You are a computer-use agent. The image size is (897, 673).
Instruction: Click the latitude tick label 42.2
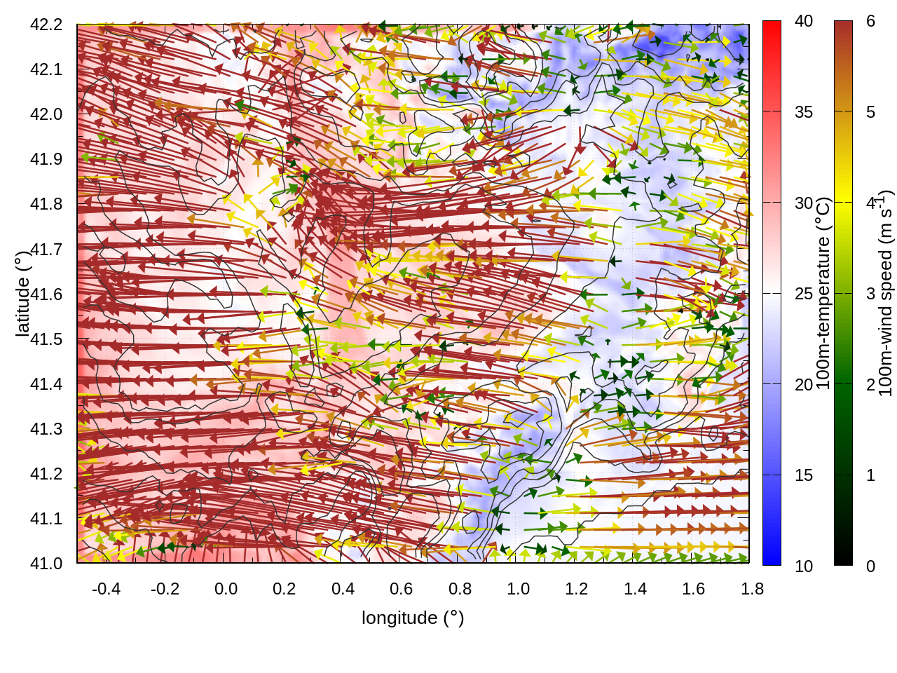46,25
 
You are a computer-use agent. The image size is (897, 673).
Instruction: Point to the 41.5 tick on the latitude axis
46,339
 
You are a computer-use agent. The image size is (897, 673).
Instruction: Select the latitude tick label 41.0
46,564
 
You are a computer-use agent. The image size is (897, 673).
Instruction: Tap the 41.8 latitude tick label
46,204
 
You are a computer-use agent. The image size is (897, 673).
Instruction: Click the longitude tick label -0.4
107,589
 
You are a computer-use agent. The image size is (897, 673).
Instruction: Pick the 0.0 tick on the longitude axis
226,589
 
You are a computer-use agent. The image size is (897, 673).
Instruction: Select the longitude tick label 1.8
752,589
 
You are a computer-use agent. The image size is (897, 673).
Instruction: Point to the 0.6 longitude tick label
401,589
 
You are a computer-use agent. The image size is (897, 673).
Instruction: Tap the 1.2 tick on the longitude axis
577,589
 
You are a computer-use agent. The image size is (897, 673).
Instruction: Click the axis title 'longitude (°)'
413,618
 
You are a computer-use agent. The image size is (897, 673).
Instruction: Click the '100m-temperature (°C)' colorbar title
823,293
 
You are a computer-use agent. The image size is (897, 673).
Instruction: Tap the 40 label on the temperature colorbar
804,21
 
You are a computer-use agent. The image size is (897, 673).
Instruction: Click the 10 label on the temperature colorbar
804,566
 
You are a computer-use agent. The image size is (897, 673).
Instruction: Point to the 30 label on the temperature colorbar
804,203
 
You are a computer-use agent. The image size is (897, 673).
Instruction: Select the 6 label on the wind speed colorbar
870,21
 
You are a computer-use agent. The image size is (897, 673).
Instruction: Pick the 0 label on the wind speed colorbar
870,566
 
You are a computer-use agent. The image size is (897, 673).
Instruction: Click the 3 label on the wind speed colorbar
870,294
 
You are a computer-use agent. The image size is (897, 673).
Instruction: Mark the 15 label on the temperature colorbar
804,475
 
